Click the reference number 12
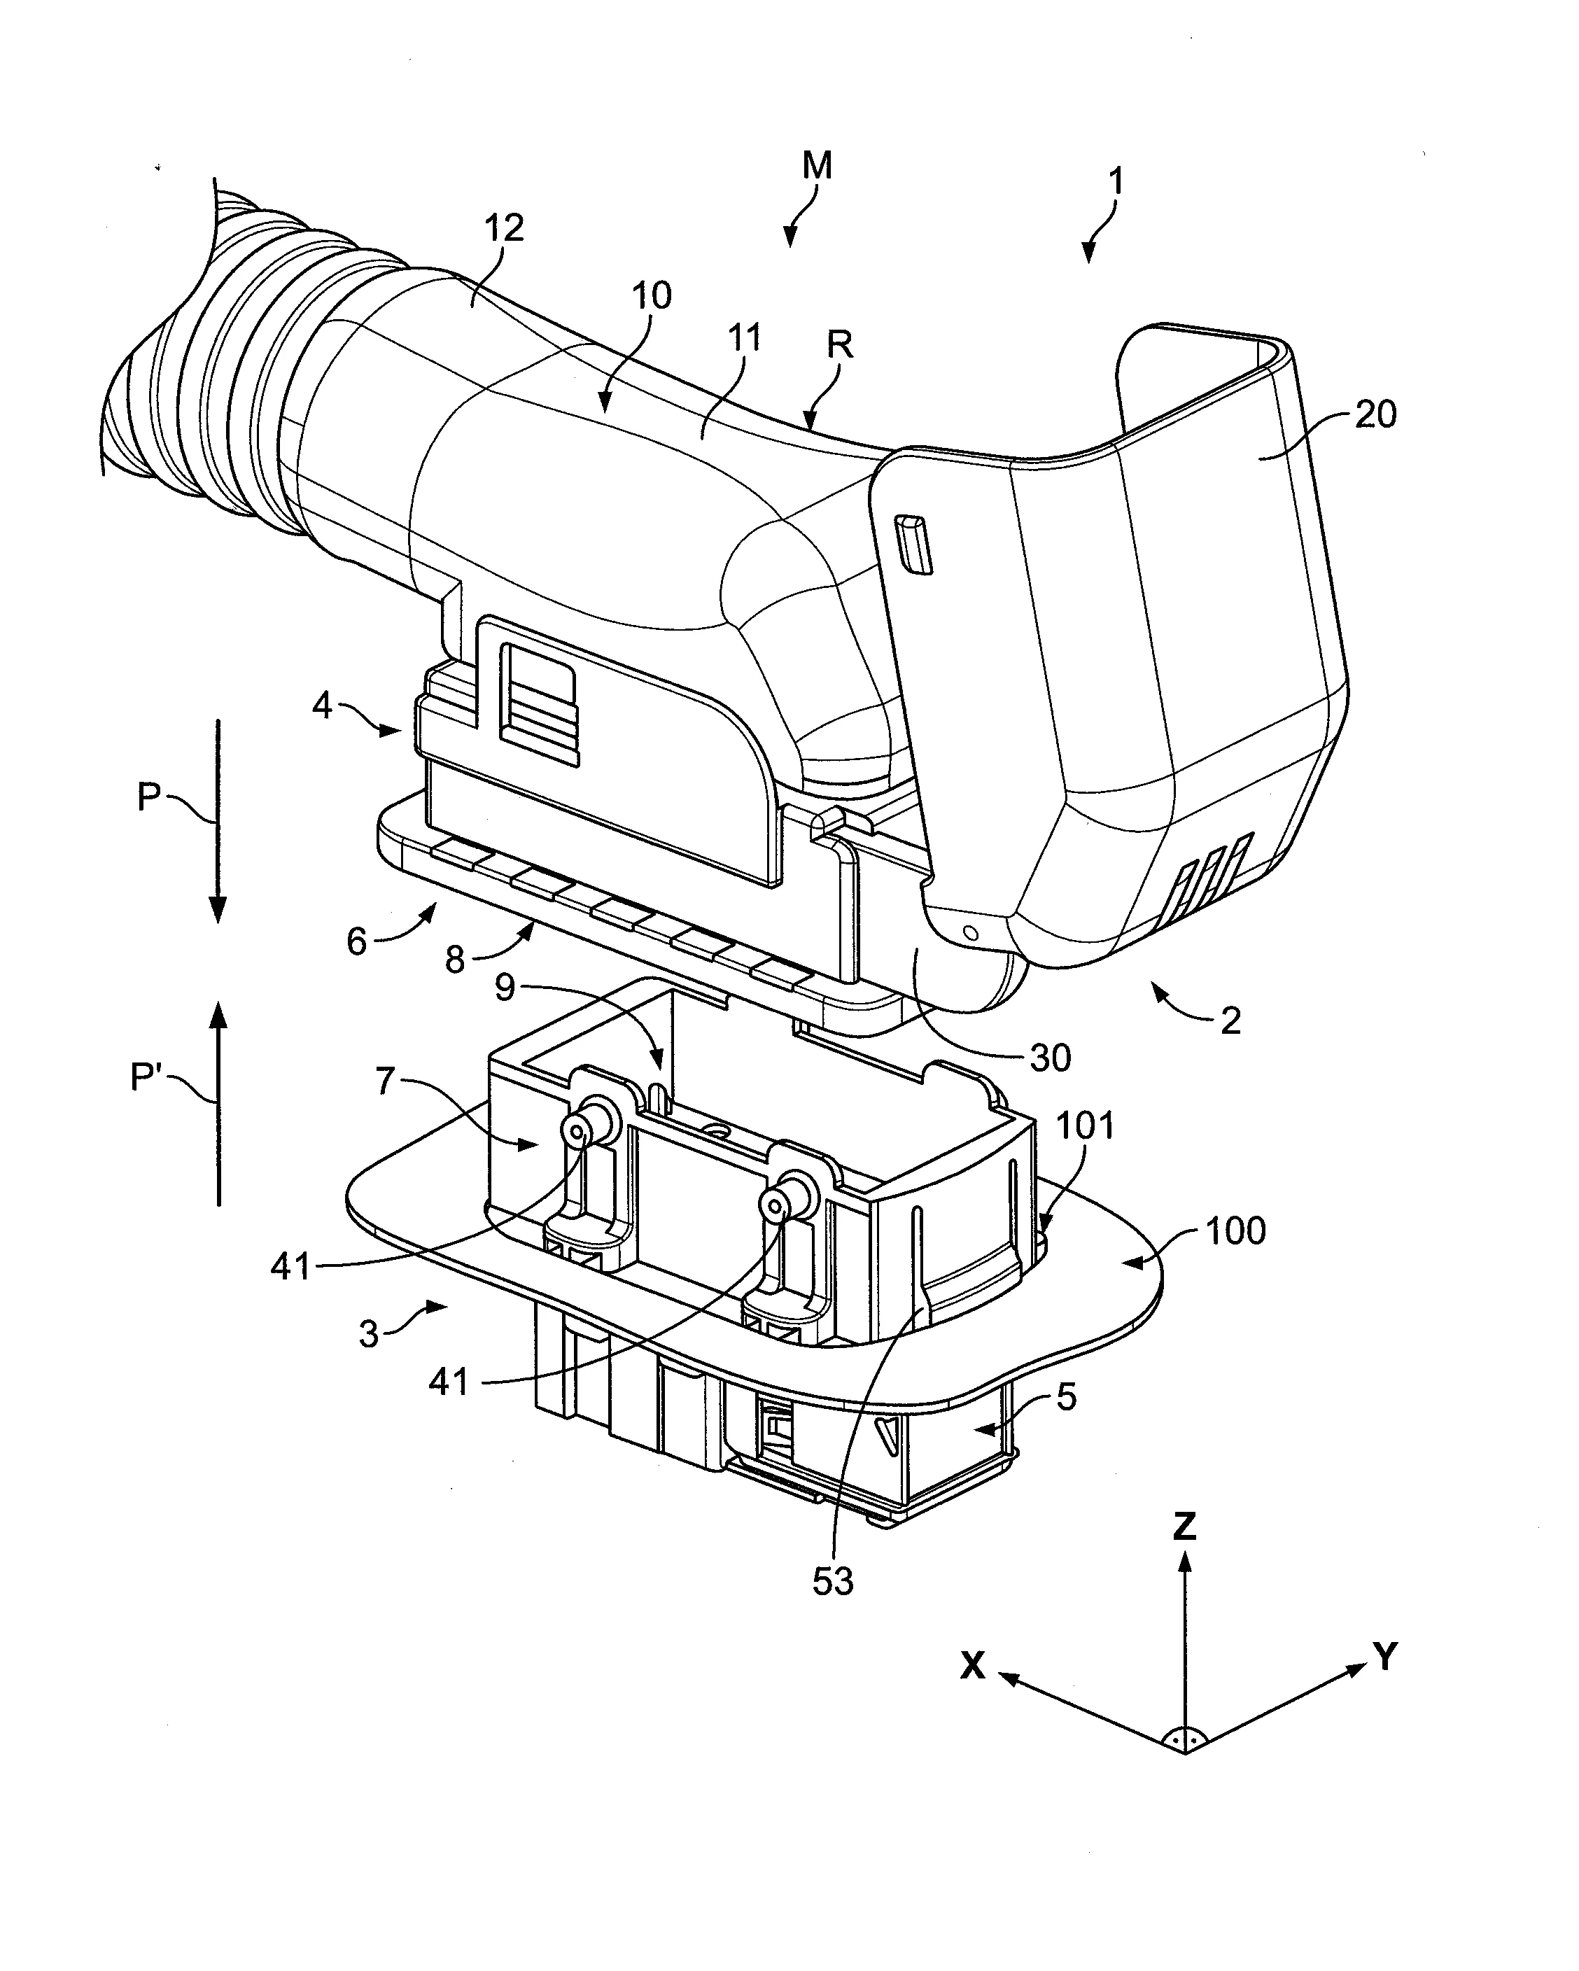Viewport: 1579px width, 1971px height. tap(503, 227)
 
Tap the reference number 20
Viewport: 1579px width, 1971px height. tap(1375, 414)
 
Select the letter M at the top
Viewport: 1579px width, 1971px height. tap(817, 165)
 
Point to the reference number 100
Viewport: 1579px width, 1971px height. tap(1235, 1231)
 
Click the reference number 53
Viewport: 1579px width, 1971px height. tap(832, 1582)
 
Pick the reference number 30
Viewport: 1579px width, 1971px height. tap(1050, 1058)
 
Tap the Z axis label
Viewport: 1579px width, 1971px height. tap(1185, 1526)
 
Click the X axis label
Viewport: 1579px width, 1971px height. tap(973, 1666)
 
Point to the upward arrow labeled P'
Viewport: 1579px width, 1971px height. tap(218, 1102)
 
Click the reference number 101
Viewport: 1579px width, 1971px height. tap(1086, 1125)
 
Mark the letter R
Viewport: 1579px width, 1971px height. tap(838, 344)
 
